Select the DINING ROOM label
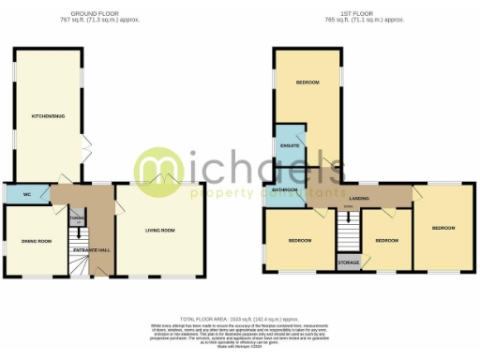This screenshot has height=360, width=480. tap(37, 241)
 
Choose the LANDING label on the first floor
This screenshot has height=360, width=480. tap(358, 198)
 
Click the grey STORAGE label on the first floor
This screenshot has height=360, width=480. tap(348, 262)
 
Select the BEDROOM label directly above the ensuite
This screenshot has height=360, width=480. tap(307, 82)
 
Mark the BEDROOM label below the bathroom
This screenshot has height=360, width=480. tap(299, 241)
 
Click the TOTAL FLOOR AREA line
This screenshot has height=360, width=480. tap(239, 319)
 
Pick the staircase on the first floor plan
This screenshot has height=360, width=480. tap(348, 230)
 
